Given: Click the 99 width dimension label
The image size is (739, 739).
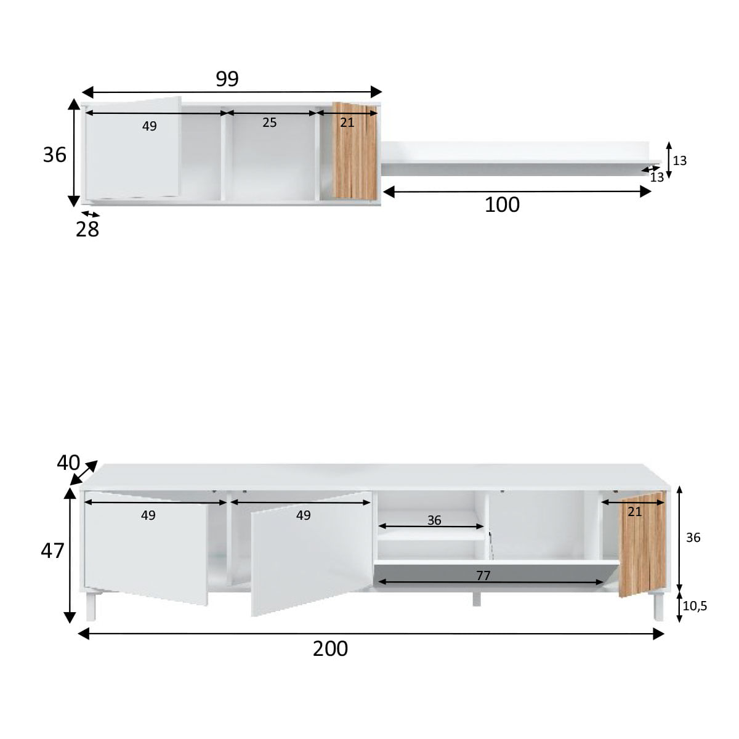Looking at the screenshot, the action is (x=227, y=79).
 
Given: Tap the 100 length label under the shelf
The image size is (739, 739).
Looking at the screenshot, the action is (x=502, y=204).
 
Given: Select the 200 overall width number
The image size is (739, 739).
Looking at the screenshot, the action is (x=330, y=648).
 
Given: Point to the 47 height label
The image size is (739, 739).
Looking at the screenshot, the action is (x=52, y=551).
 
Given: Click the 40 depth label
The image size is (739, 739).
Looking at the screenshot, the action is (x=68, y=462).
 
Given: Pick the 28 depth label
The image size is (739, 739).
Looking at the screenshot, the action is (x=87, y=229).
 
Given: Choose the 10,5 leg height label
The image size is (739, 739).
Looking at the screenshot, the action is (x=695, y=605).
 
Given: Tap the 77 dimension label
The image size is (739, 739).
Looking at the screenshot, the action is (x=483, y=575).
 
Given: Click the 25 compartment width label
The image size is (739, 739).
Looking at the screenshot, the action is (x=270, y=123).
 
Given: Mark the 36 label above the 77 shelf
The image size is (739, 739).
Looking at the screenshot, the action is (x=434, y=520).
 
